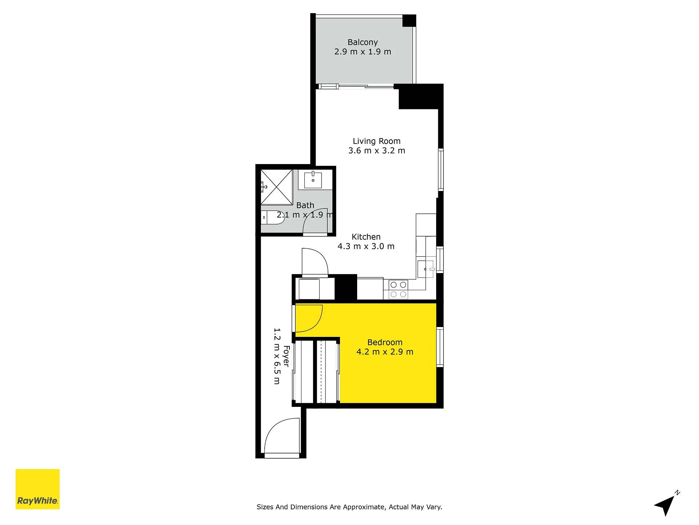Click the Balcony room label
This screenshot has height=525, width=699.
click(363, 42)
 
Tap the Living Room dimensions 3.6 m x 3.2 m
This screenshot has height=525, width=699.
click(377, 151)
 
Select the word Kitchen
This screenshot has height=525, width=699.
click(366, 237)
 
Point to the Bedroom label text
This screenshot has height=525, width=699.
click(385, 342)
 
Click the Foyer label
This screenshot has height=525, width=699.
click(287, 356)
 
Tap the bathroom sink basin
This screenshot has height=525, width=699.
click(313, 180)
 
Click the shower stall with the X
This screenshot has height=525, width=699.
click(277, 187)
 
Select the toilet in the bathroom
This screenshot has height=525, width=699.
click(273, 217)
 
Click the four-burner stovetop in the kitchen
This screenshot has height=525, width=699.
click(398, 289)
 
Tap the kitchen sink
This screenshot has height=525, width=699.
click(426, 269)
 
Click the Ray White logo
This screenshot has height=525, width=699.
click(37, 489)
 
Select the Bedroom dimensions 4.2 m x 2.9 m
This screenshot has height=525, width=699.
click(385, 352)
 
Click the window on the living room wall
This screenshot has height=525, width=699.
click(441, 170)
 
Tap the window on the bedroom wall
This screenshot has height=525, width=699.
click(440, 347)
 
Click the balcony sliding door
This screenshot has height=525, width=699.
click(356, 86)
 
